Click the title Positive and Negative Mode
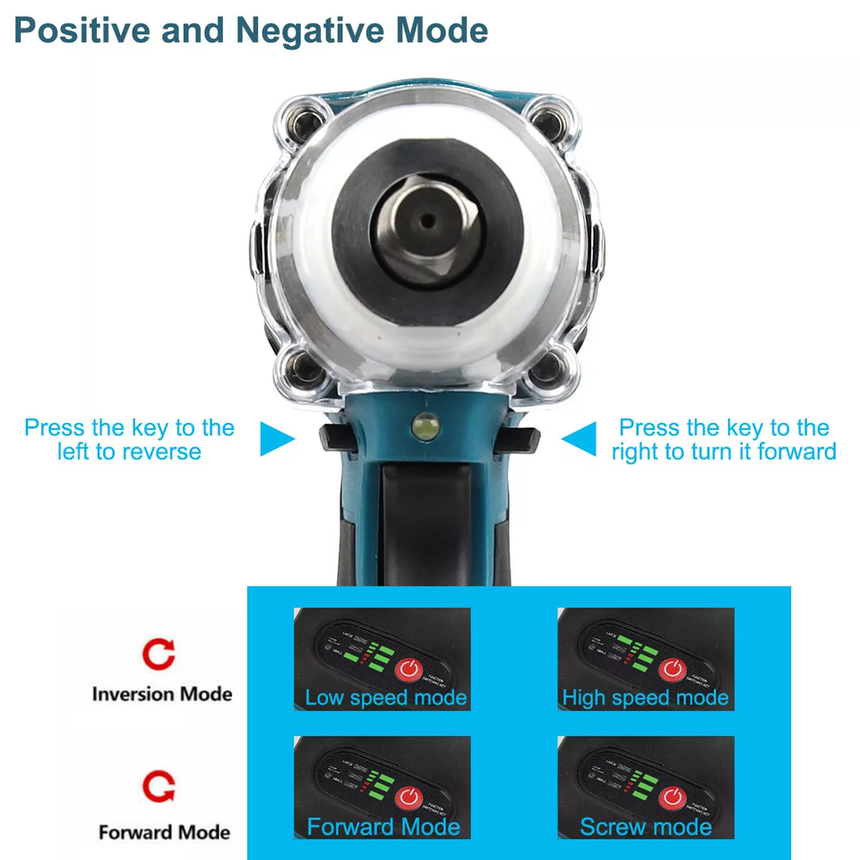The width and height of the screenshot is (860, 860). coord(251,30)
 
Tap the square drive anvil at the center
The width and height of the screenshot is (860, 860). coord(427,221)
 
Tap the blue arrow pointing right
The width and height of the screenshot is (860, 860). coord(277,440)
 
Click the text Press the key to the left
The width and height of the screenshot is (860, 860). coord(129,428)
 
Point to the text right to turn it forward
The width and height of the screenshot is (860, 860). coord(724,451)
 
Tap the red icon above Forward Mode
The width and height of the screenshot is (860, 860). coord(159,787)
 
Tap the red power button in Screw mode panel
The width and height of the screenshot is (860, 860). coord(673,797)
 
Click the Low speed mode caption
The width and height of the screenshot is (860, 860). coord(385,698)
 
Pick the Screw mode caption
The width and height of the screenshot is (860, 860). coord(645,827)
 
